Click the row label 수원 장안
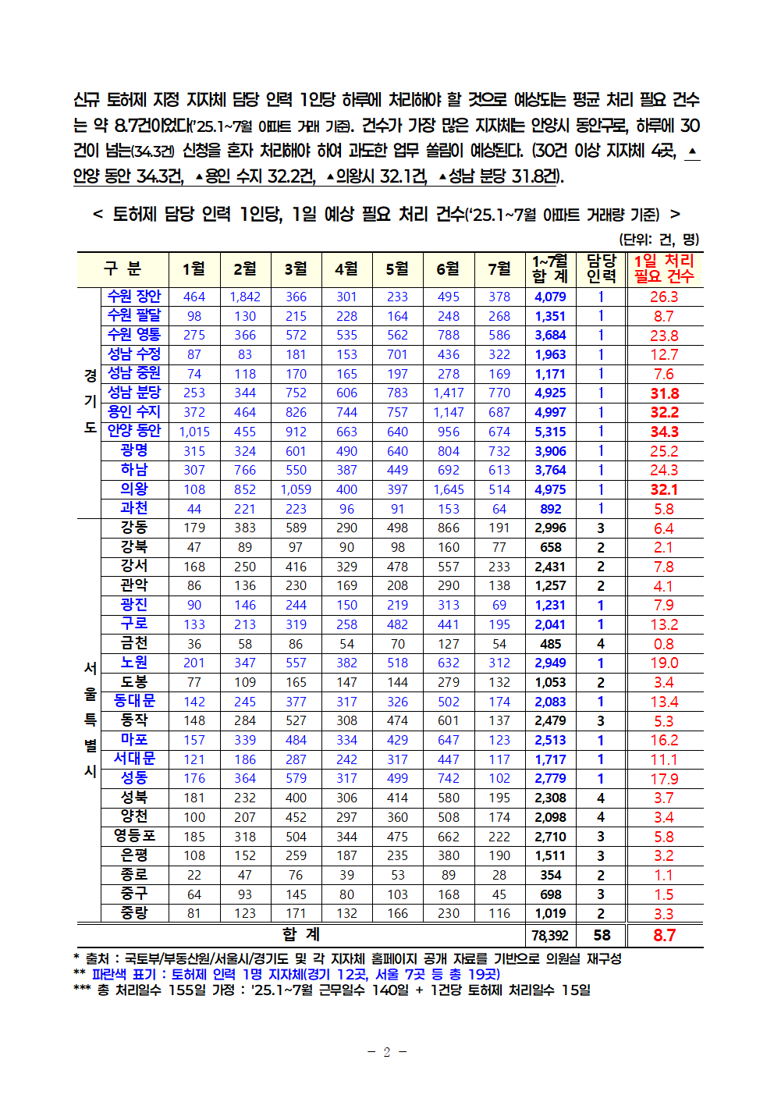click(x=134, y=297)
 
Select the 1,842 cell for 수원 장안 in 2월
click(x=245, y=297)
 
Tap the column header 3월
click(x=296, y=269)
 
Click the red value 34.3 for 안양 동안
click(x=664, y=432)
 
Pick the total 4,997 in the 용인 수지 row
click(x=550, y=412)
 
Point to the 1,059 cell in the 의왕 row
click(x=296, y=489)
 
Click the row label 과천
click(x=134, y=508)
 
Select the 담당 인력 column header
click(x=602, y=268)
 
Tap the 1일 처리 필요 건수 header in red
click(x=664, y=268)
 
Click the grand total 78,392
click(x=550, y=935)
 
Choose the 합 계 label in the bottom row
click(x=301, y=934)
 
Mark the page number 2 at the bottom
click(x=386, y=1052)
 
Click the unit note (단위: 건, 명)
click(x=659, y=239)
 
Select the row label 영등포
click(x=134, y=836)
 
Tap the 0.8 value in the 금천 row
click(x=664, y=644)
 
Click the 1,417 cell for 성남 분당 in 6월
click(x=449, y=393)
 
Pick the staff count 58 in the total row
click(x=602, y=935)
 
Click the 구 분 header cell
click(x=122, y=269)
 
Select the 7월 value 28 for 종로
click(x=499, y=875)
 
